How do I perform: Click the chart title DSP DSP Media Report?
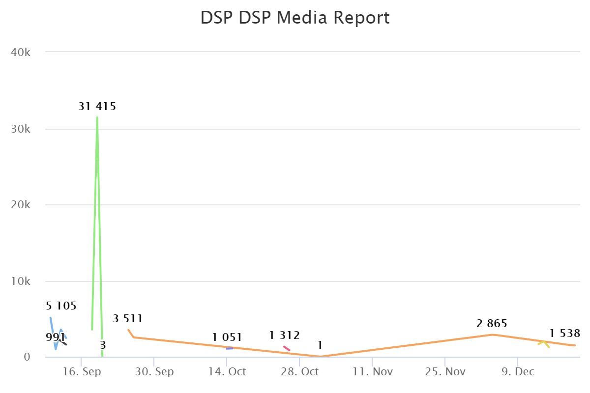click(295, 18)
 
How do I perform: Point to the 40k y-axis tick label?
click(21, 52)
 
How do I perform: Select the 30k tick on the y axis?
click(21, 129)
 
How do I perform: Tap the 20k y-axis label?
click(21, 205)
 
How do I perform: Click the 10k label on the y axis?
click(21, 281)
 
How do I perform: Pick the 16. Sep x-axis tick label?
click(82, 372)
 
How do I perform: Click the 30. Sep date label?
click(154, 372)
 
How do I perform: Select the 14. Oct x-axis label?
click(227, 372)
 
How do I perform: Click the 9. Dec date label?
click(517, 372)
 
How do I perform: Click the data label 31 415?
click(97, 106)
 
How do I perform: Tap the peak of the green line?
click(97, 117)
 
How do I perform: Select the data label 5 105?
click(61, 306)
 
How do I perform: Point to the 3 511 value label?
click(128, 318)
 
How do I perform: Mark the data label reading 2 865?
click(492, 324)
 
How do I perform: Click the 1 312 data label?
click(284, 336)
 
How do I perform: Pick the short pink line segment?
click(287, 348)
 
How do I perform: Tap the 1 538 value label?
click(565, 334)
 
